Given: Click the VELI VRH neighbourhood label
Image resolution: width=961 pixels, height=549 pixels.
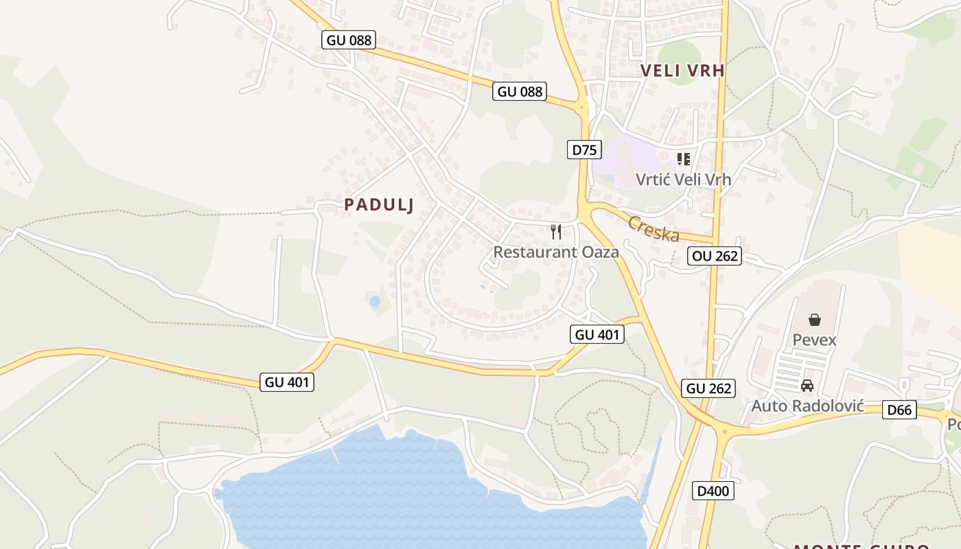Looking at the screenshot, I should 682,70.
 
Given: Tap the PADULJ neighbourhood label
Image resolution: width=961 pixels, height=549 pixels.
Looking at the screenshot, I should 379,205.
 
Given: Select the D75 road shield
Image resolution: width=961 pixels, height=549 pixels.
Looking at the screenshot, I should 584,150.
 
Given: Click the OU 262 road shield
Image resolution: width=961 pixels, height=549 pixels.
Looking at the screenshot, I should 714,256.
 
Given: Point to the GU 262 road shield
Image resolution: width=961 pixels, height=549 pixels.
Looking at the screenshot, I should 709,388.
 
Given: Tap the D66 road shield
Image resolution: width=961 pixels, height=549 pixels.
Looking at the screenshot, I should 899,410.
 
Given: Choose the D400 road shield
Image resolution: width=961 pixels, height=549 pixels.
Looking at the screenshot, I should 713,491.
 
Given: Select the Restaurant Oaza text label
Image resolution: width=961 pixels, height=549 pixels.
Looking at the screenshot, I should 556,252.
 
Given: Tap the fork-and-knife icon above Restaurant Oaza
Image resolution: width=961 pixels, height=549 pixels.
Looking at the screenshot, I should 556,232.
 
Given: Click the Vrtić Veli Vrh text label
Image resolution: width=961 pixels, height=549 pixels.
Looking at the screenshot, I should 683,179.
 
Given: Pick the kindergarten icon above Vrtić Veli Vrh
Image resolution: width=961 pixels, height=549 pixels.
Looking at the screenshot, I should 683,159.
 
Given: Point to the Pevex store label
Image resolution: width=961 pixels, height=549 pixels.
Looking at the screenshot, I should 814,340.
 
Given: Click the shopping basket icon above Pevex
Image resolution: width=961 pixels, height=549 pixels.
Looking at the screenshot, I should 814,320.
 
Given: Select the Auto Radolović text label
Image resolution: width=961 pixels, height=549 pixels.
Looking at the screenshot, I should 807,406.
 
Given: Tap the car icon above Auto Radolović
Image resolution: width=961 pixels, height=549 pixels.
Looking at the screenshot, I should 807,386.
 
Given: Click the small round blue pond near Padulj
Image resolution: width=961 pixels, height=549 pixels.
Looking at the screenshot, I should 375,301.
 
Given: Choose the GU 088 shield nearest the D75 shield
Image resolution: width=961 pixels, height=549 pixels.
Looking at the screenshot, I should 519,91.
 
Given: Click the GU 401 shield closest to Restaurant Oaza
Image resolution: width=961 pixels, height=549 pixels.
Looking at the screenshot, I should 597,334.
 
